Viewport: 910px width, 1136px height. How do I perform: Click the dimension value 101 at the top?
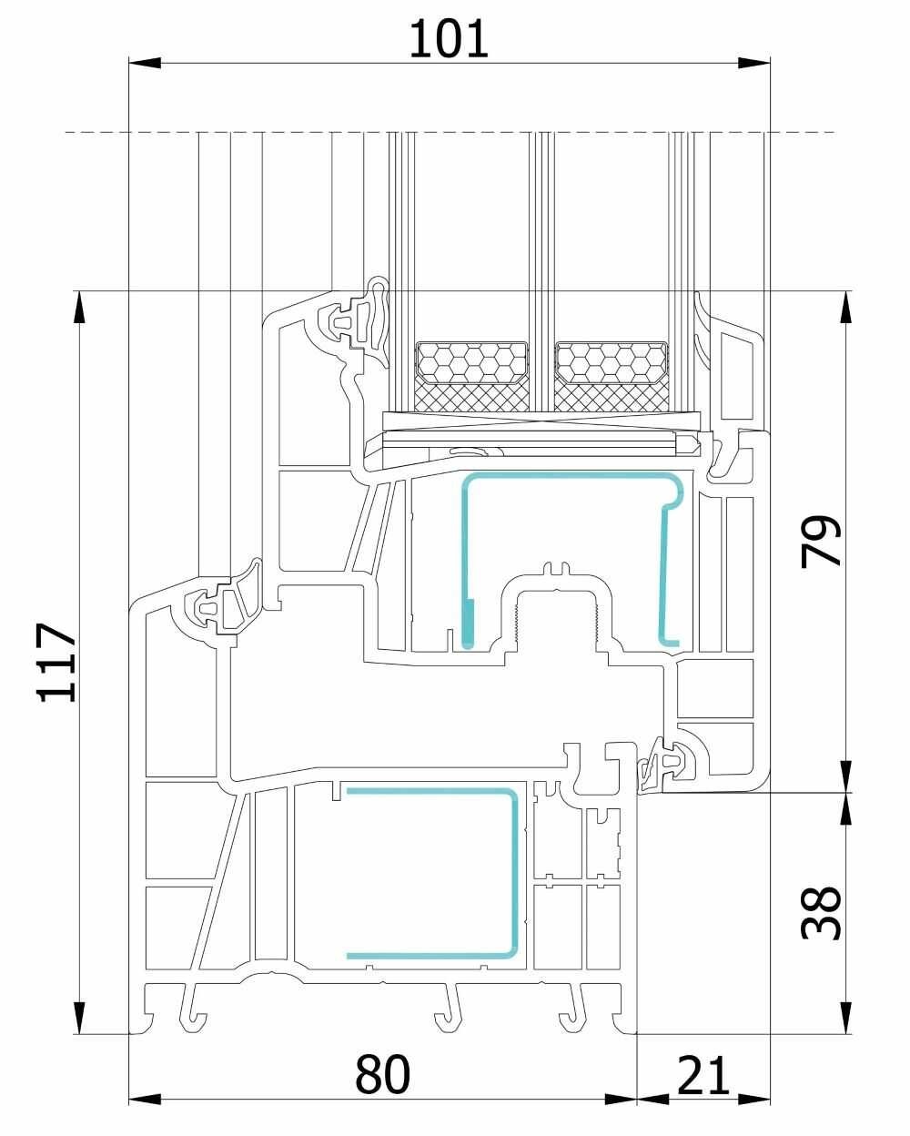point(449,38)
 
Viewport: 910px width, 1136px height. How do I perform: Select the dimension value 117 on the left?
point(57,662)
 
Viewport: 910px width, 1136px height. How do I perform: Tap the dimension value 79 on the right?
point(821,542)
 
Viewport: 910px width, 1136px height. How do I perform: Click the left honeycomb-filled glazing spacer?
point(472,362)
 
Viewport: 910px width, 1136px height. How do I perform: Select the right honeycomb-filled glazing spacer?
point(612,362)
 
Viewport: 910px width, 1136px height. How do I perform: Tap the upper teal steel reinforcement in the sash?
point(572,477)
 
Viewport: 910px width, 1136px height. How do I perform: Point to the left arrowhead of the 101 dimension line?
point(145,63)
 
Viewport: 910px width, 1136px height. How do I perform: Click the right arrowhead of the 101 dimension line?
point(753,63)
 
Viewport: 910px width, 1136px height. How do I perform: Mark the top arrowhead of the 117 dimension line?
point(79,306)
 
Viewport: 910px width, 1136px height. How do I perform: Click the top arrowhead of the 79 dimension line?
point(845,306)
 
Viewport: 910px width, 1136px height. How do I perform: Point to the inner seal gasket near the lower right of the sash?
point(668,762)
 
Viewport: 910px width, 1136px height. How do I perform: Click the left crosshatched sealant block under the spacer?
point(472,398)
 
